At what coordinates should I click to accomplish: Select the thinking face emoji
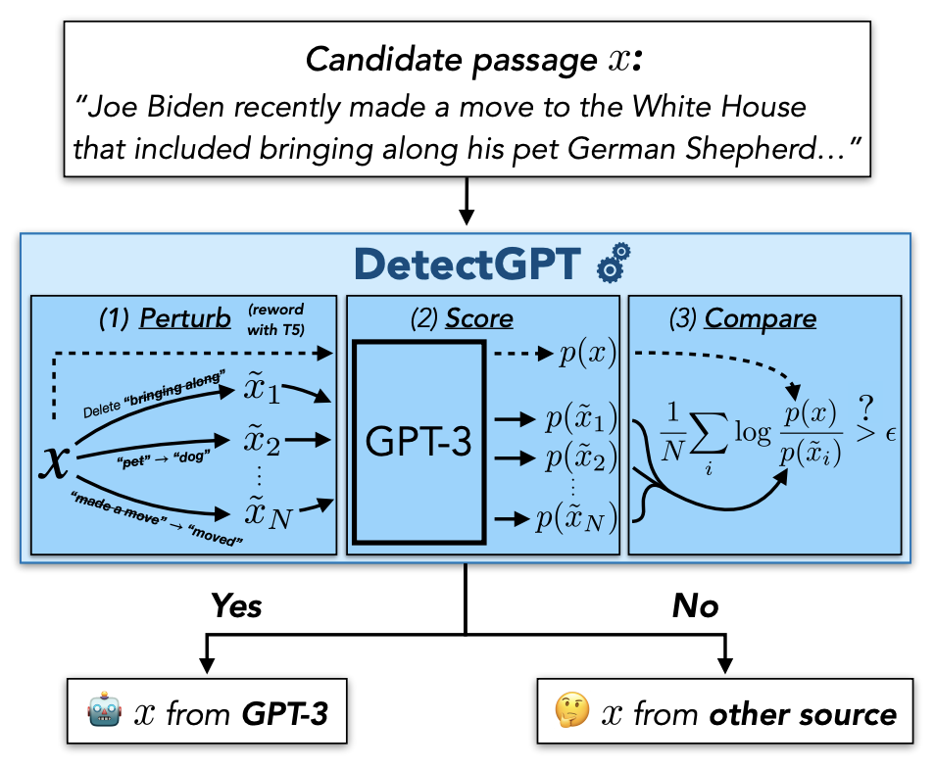click(x=570, y=712)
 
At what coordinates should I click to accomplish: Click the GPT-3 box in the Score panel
click(x=418, y=441)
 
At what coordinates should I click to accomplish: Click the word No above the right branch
click(x=695, y=606)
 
